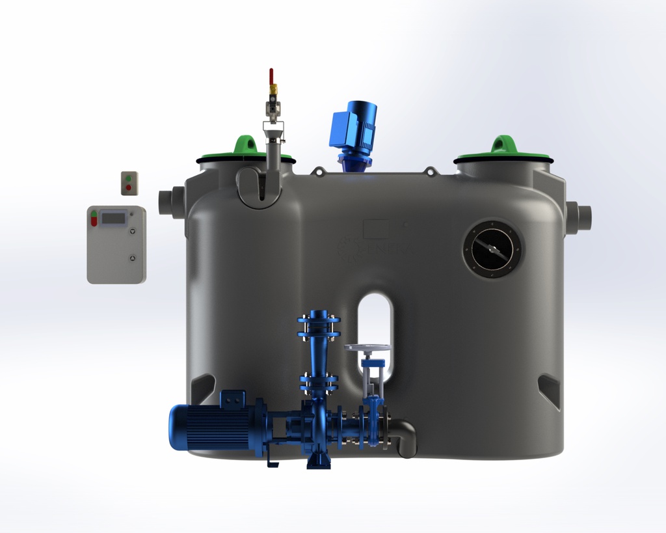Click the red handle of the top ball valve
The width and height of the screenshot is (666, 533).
click(x=271, y=76)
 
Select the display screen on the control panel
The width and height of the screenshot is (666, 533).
click(x=113, y=219)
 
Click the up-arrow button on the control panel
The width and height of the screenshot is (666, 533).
click(x=134, y=258)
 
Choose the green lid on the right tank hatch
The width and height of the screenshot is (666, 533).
click(x=503, y=152)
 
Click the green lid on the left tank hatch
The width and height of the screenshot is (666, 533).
click(x=244, y=152)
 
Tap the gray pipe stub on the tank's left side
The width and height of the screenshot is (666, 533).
click(x=171, y=202)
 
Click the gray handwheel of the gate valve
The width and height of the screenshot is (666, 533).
click(x=367, y=348)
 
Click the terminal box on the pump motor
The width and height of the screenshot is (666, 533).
click(x=233, y=398)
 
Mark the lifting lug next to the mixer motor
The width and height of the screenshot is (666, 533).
click(x=318, y=171)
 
